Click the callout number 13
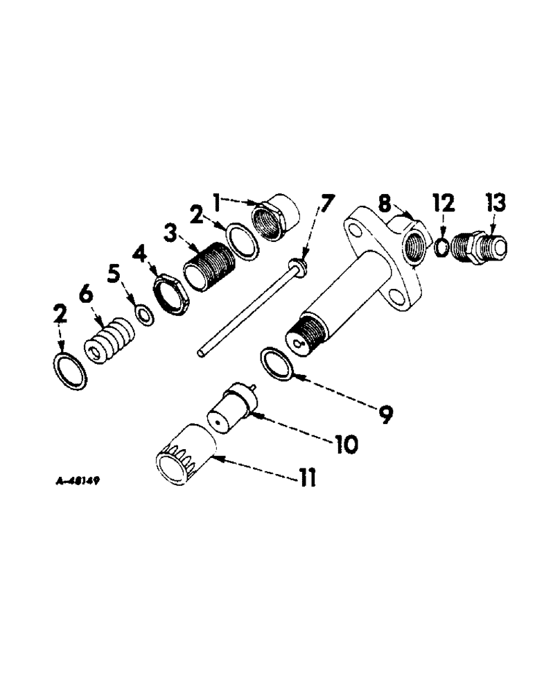coord(495,204)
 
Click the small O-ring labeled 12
coord(440,247)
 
